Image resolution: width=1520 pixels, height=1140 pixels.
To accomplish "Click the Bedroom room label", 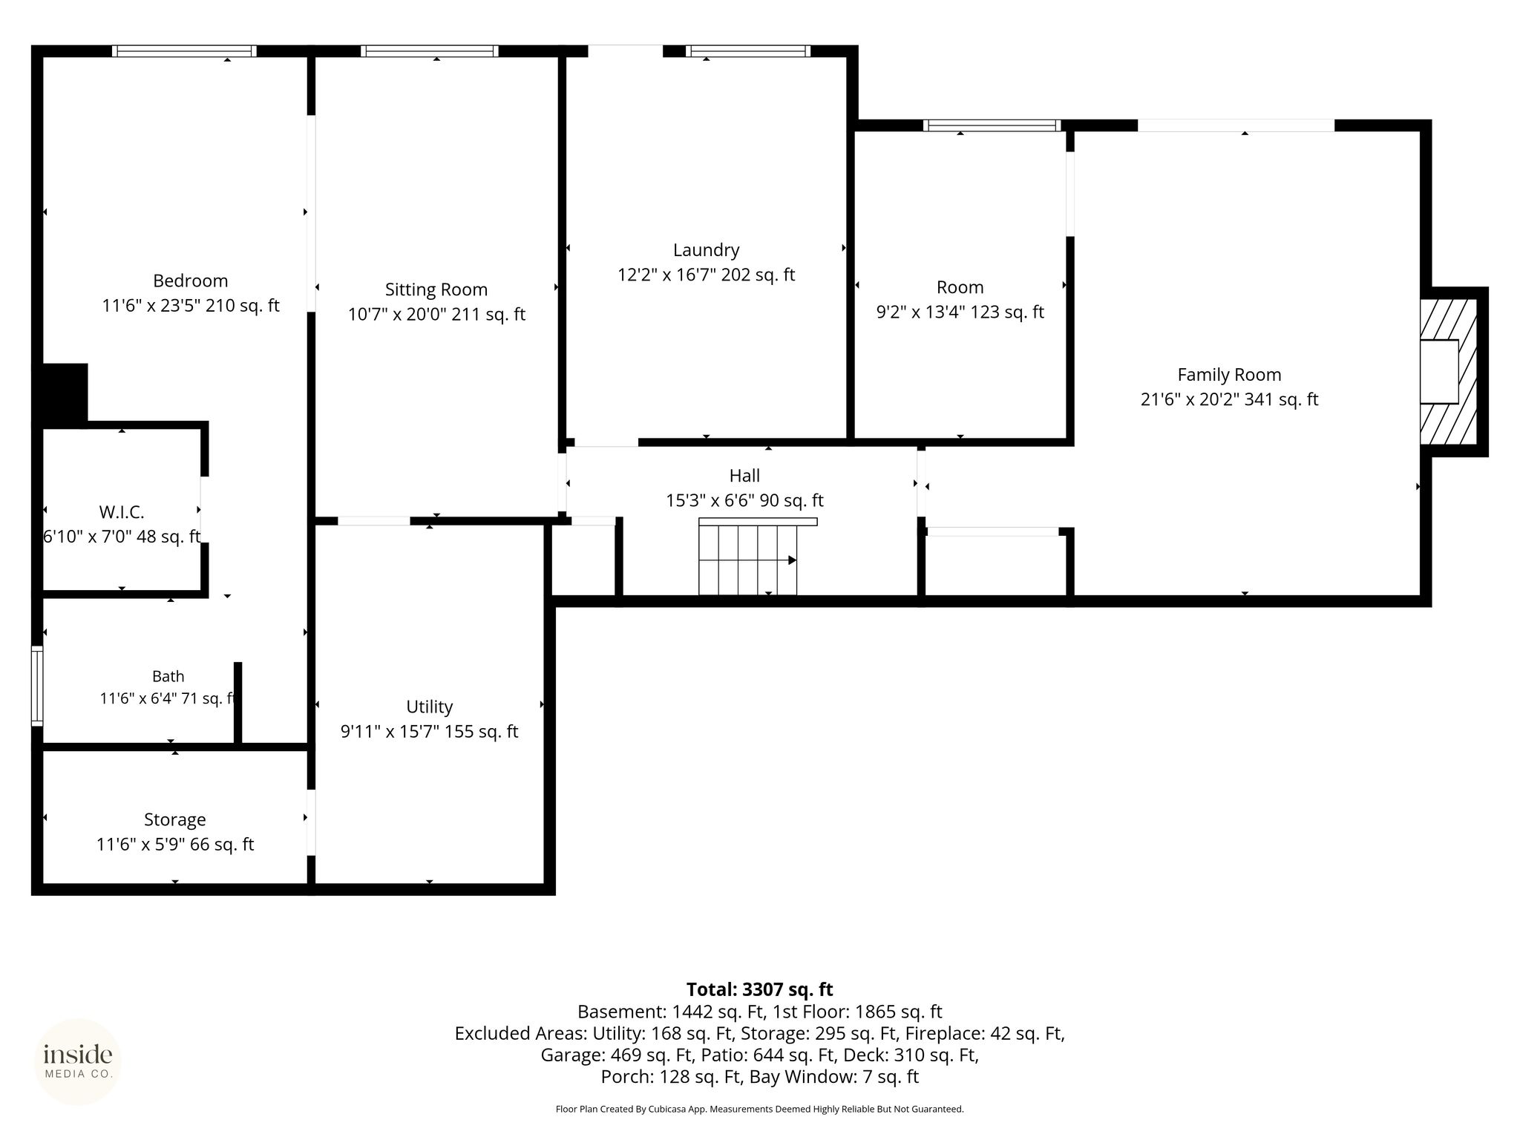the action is [x=190, y=281].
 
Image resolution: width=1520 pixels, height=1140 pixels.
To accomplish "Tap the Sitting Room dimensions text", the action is [x=436, y=315].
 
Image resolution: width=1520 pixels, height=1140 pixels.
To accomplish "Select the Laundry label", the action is [x=706, y=250].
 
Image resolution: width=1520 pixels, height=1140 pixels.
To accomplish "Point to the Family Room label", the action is [x=1229, y=375].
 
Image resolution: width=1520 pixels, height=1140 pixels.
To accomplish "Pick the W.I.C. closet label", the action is [x=122, y=512].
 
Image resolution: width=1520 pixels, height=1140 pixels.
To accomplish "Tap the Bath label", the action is [x=168, y=676].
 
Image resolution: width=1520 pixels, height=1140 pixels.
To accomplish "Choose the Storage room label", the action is [x=175, y=819].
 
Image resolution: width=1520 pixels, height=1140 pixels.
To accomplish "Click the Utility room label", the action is [x=430, y=707].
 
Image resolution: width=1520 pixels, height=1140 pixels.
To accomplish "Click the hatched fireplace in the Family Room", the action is [x=1448, y=372].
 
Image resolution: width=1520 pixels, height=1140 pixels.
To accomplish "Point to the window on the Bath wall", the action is [x=36, y=686].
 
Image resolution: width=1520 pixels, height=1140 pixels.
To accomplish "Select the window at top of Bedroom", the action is [x=184, y=51].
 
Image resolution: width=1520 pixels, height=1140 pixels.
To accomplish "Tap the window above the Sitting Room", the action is [x=429, y=51].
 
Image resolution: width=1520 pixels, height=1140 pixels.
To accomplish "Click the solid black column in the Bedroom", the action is [x=65, y=393].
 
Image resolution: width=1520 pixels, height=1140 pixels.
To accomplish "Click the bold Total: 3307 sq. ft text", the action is [x=759, y=989].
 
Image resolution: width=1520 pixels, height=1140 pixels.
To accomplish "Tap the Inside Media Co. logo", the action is [x=78, y=1062].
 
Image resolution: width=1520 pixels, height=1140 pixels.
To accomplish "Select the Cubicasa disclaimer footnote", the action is [x=759, y=1109].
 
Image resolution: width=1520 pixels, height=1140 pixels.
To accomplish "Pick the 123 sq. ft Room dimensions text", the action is [x=960, y=312].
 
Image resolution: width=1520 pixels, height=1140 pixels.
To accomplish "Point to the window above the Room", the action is [x=992, y=125].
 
